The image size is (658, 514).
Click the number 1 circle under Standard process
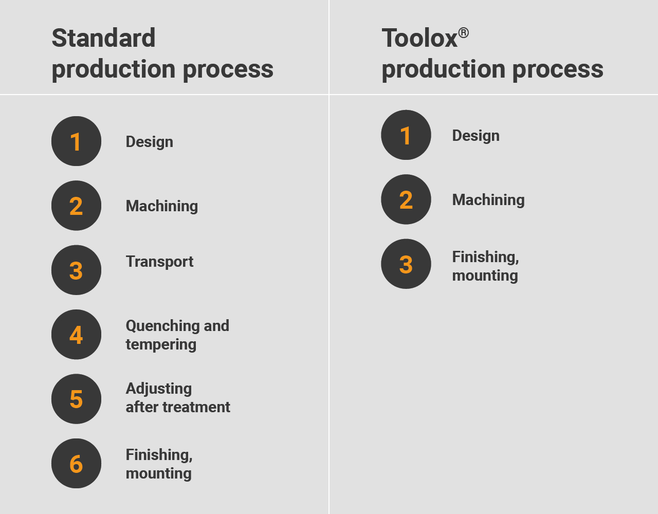click(76, 141)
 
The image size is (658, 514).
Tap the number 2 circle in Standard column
click(76, 206)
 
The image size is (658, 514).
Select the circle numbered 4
click(76, 335)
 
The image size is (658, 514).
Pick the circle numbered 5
click(76, 399)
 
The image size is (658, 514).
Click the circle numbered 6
click(76, 464)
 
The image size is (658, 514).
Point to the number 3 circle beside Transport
click(76, 270)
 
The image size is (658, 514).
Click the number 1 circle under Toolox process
click(406, 135)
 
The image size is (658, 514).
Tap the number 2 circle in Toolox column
click(406, 199)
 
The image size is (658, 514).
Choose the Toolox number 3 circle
click(406, 264)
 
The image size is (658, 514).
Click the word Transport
click(159, 262)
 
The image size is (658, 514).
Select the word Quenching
click(163, 326)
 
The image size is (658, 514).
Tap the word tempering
click(161, 344)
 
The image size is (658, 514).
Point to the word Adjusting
click(159, 389)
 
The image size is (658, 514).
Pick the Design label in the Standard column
click(149, 142)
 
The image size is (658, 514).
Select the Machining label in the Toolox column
click(488, 200)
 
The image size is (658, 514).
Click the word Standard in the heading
click(104, 38)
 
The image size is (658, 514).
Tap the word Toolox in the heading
click(419, 38)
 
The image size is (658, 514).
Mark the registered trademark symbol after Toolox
click(463, 33)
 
